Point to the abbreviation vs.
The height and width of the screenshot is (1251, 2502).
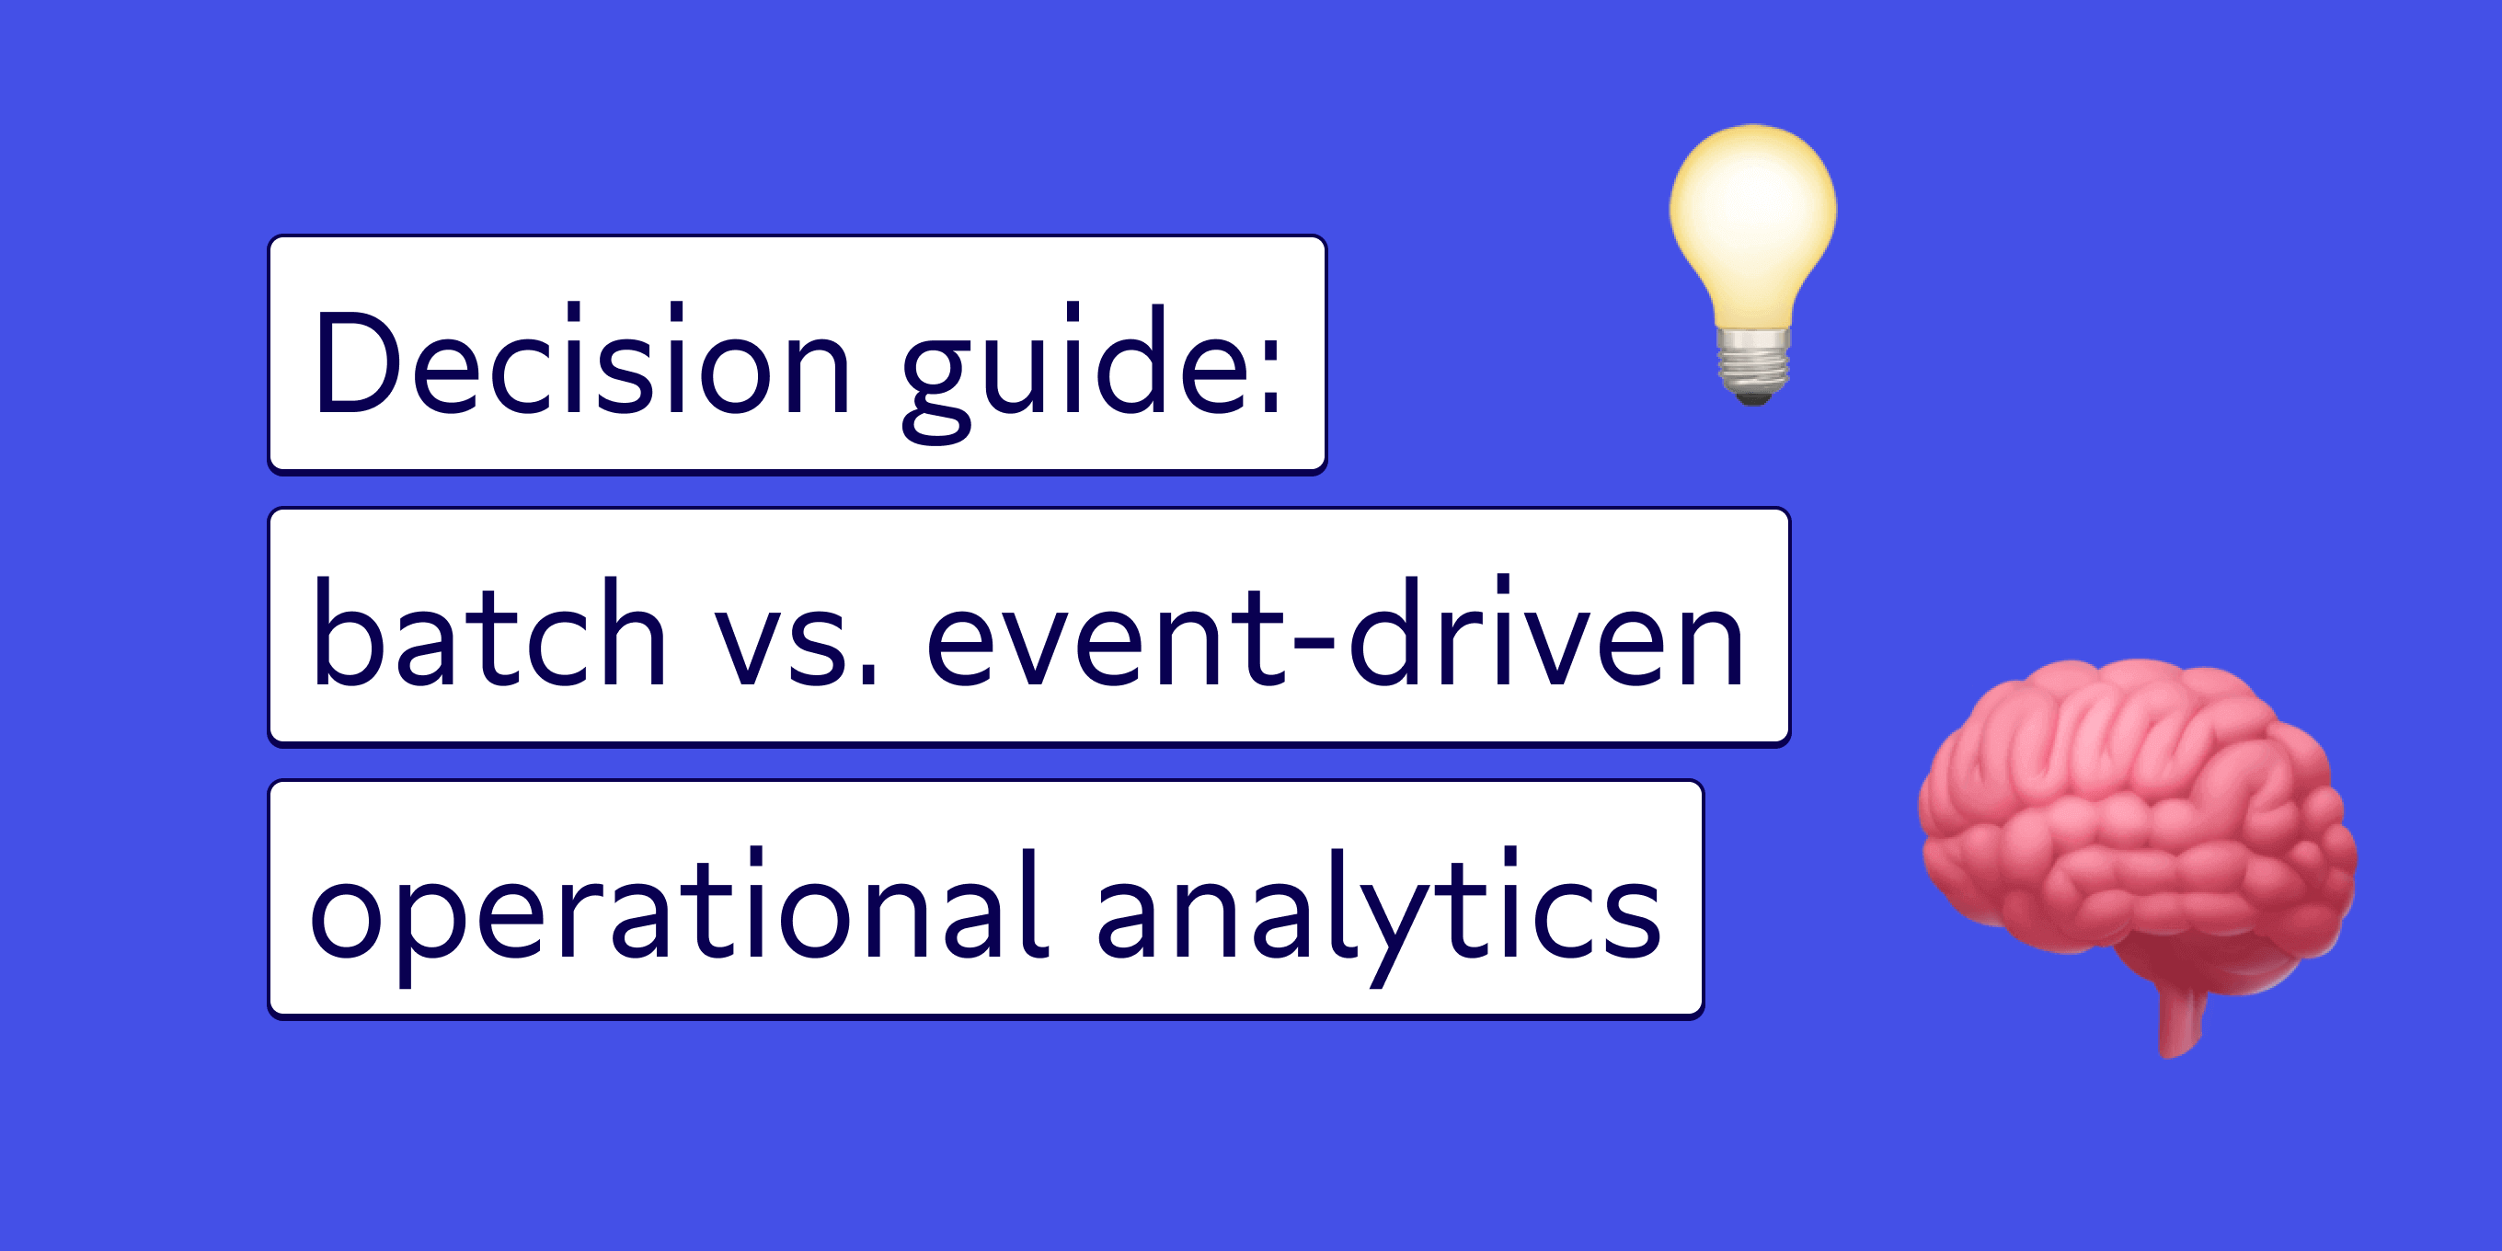coord(797,641)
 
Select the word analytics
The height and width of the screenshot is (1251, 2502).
coord(1379,908)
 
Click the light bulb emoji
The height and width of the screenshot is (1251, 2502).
coord(1753,262)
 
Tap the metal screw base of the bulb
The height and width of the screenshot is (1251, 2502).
coord(1753,364)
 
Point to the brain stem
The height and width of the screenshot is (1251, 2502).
coord(2180,1020)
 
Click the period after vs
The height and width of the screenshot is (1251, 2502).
coord(867,676)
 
